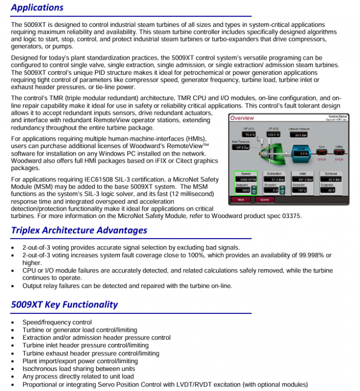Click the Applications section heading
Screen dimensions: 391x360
tap(37, 7)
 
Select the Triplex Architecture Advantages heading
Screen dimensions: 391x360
tap(79, 230)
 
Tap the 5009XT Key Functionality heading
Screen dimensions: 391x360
tap(64, 304)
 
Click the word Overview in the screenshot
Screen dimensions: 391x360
tap(242, 118)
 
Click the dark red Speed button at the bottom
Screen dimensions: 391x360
tap(264, 199)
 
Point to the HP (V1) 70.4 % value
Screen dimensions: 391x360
tap(249, 134)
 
